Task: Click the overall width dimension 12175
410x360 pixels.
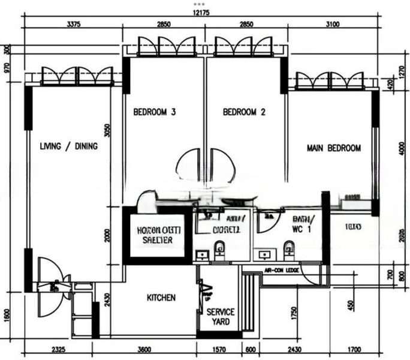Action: (x=201, y=13)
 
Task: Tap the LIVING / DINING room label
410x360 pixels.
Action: (x=69, y=146)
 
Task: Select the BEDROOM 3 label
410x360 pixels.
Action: (x=155, y=112)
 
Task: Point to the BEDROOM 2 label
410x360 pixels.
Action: (x=244, y=112)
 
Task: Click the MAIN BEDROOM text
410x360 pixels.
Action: (x=334, y=148)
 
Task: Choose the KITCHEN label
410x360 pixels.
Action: (x=161, y=298)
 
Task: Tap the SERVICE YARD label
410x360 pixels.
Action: (x=221, y=317)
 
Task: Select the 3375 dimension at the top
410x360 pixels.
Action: (x=73, y=25)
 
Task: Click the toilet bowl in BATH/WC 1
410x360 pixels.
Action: (x=289, y=247)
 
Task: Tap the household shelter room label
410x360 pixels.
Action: (x=153, y=235)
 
